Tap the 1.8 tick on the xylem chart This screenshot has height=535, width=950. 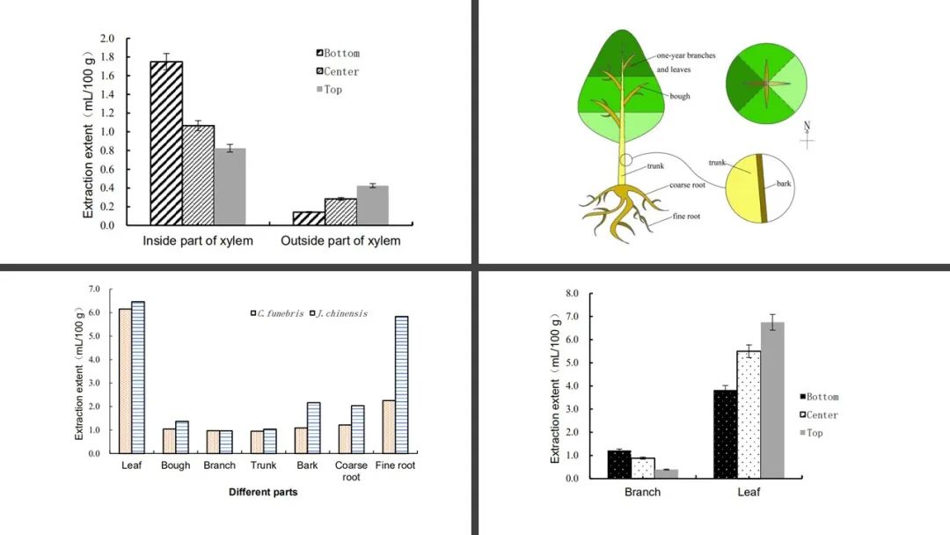point(108,57)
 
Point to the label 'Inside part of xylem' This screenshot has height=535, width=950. point(198,241)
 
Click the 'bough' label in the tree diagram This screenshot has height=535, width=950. point(679,96)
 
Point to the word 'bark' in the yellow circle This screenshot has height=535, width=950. point(786,185)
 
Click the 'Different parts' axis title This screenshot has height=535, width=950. point(263,492)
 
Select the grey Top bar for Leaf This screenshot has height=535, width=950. point(771,399)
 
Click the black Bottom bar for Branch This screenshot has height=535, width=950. point(619,464)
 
